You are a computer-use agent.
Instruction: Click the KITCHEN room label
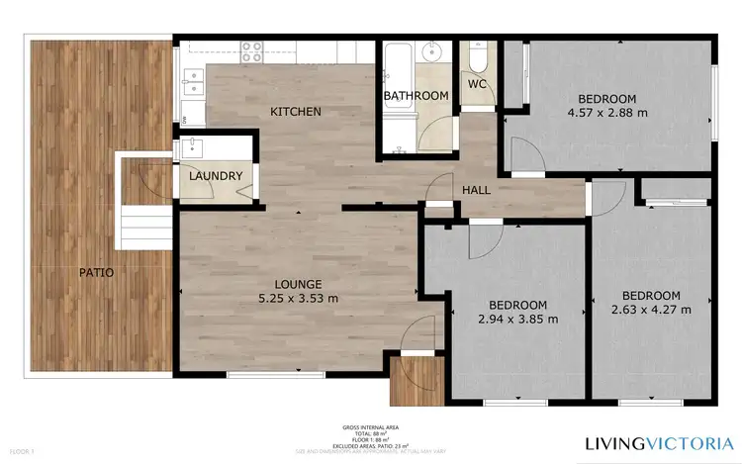coord(296,112)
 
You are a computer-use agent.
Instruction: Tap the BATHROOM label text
coord(417,96)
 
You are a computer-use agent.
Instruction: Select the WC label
coord(478,84)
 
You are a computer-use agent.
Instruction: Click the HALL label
coord(477,190)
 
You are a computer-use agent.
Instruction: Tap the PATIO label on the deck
coord(97,271)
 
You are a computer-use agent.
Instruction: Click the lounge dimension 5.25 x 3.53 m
coord(298,298)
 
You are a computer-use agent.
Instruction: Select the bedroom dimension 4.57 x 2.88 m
coord(607,113)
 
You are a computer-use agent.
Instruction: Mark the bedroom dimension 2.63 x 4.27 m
coord(650,310)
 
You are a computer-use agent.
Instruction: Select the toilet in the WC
coord(477,58)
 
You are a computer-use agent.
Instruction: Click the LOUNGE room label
coord(298,283)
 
